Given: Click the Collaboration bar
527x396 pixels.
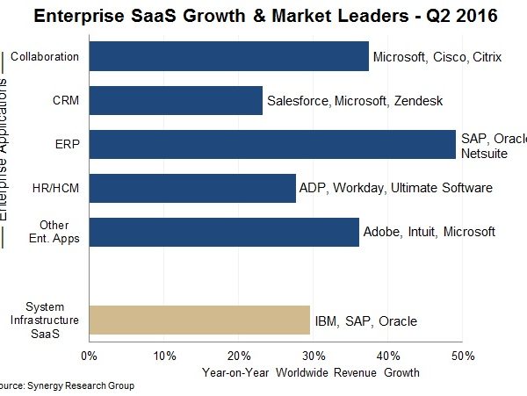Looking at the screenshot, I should tap(228, 56).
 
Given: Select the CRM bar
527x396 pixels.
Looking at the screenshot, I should tap(176, 100).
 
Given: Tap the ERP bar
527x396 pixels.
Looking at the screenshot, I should tap(272, 144).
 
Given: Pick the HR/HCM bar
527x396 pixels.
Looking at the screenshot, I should tap(192, 188).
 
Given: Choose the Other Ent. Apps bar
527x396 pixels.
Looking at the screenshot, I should tap(223, 232).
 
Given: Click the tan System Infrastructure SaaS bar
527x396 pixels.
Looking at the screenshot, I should tap(199, 320).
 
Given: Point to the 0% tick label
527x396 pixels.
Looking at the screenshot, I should tap(89, 356).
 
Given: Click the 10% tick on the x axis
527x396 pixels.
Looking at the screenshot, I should tap(163, 356).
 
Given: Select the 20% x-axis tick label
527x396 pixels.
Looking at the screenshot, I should tap(239, 356).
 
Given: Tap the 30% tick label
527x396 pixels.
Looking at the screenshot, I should tap(314, 356).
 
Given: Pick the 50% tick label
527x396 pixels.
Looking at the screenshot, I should tap(463, 356).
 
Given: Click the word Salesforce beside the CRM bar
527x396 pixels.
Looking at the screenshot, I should tap(299, 101).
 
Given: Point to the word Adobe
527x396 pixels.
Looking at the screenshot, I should tap(382, 232).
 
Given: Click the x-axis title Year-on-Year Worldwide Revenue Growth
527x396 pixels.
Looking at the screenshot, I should tap(310, 372).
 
